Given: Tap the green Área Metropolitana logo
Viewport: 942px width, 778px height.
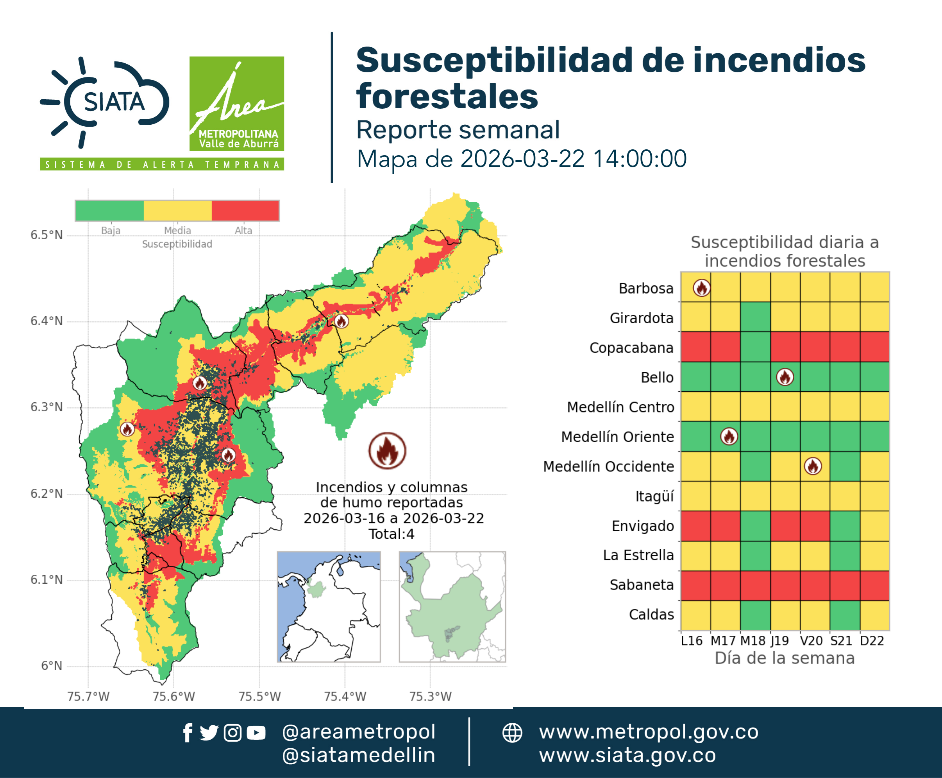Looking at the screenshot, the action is pyautogui.click(x=236, y=104).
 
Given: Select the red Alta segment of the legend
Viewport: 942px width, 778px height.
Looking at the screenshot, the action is pyautogui.click(x=245, y=211).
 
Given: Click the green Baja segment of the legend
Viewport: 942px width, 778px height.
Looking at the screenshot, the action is pyautogui.click(x=110, y=211).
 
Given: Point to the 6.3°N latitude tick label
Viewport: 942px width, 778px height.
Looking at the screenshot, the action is pyautogui.click(x=46, y=407).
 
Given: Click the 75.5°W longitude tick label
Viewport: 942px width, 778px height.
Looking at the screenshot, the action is pyautogui.click(x=259, y=696).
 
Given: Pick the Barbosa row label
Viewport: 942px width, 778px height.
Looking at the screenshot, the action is pyautogui.click(x=646, y=288).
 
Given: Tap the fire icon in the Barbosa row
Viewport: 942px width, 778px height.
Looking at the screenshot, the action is pyautogui.click(x=701, y=288).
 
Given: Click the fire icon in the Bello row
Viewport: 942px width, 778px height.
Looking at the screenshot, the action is pyautogui.click(x=785, y=377).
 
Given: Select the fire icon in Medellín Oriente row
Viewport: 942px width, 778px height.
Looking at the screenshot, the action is pyautogui.click(x=729, y=437).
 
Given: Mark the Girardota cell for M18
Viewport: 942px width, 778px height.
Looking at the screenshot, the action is pyautogui.click(x=755, y=317).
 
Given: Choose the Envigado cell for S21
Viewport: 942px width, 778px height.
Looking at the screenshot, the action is pyautogui.click(x=845, y=526).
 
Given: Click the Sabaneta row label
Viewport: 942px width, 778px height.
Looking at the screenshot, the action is pyautogui.click(x=642, y=585).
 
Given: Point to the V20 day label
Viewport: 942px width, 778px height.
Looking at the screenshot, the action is pyautogui.click(x=811, y=641).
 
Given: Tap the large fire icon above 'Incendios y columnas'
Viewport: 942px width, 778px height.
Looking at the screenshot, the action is pyautogui.click(x=388, y=450).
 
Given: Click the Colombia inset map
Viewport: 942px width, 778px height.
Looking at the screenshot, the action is pyautogui.click(x=329, y=607).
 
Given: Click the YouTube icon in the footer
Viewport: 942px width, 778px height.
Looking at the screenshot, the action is pyautogui.click(x=256, y=733).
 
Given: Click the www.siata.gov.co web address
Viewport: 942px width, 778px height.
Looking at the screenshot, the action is pyautogui.click(x=627, y=756).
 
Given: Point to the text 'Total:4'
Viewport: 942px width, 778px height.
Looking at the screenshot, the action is pyautogui.click(x=391, y=534).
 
